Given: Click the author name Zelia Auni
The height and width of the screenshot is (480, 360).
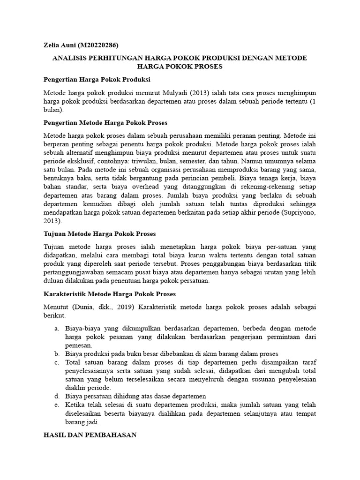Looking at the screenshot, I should [60, 45].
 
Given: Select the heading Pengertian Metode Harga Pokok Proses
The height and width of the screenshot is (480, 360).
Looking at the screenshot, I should [105, 123].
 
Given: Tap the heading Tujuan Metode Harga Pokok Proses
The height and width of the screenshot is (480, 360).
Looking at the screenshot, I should [99, 233].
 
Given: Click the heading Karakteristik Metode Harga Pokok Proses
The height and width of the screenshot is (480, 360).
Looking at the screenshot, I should [110, 294].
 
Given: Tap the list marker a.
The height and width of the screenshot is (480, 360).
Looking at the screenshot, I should [56, 329].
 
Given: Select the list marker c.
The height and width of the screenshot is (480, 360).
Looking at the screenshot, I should [56, 362].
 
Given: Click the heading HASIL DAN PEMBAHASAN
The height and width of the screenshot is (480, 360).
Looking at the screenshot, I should [90, 435].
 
